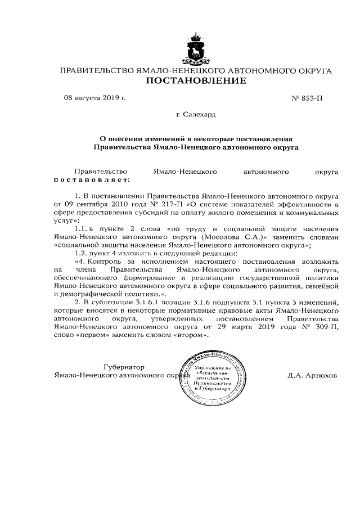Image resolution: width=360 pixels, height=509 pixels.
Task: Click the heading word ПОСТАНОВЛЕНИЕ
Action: pyautogui.click(x=196, y=81)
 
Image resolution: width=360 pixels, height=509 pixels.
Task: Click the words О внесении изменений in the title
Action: pyautogui.click(x=144, y=138)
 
